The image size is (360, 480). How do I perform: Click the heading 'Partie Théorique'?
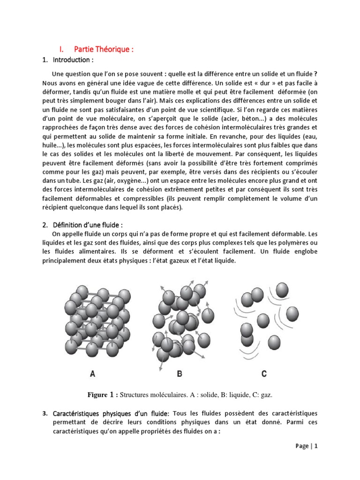(100, 50)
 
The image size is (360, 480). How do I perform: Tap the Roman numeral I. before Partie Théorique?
(61, 50)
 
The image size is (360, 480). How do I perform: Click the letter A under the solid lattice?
(92, 374)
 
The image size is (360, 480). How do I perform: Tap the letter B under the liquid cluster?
(180, 374)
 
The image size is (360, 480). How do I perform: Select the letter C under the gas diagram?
(264, 374)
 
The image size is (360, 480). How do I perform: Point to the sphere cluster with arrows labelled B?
(180, 321)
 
